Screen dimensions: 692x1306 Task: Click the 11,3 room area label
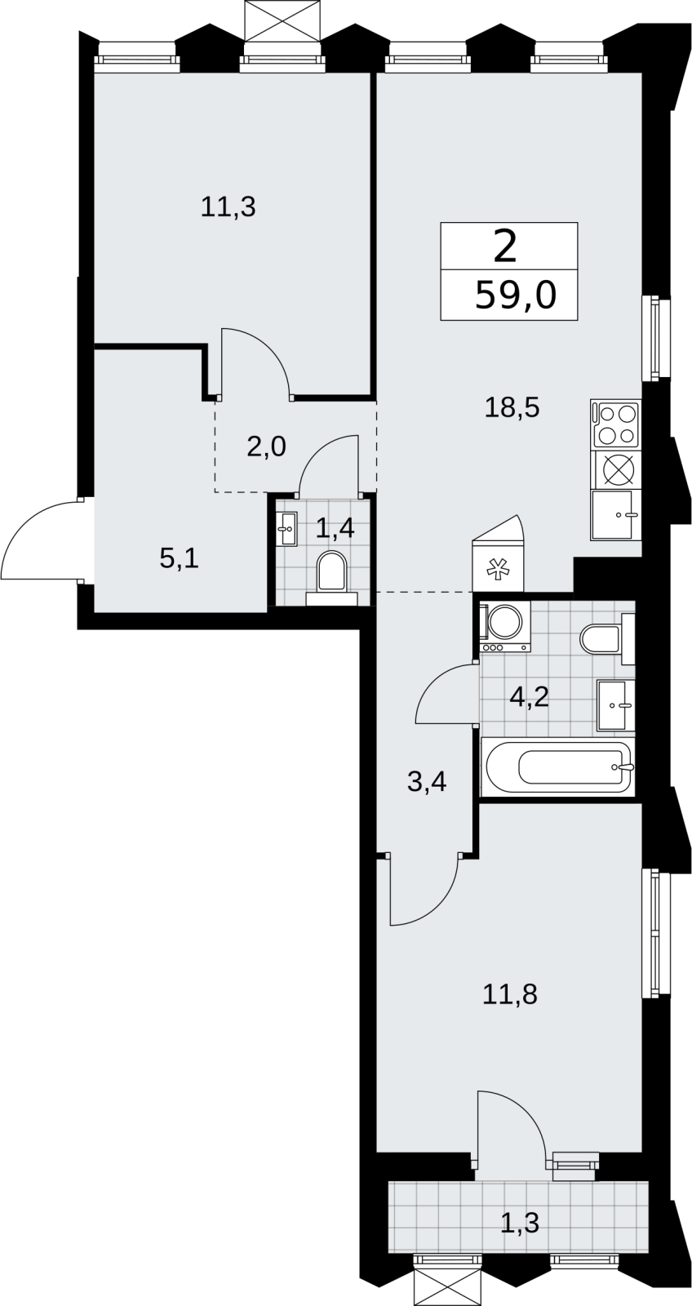pyautogui.click(x=228, y=207)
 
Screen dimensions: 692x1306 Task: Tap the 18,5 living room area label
pyautogui.click(x=512, y=407)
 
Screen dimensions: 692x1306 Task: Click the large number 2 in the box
pyautogui.click(x=505, y=247)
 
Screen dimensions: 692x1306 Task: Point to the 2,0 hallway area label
pyautogui.click(x=266, y=447)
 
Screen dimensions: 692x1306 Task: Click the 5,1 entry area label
pyautogui.click(x=179, y=559)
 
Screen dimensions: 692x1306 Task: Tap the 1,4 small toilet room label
pyautogui.click(x=335, y=529)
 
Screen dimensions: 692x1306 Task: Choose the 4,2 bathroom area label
pyautogui.click(x=529, y=696)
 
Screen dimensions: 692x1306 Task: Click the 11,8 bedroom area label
pyautogui.click(x=509, y=994)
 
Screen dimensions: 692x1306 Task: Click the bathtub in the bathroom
pyautogui.click(x=557, y=766)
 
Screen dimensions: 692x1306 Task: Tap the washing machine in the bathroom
pyautogui.click(x=505, y=627)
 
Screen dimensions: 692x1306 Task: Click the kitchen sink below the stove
pyautogui.click(x=615, y=515)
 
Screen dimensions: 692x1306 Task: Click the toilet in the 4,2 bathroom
pyautogui.click(x=607, y=639)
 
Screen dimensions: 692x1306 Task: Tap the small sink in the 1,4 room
pyautogui.click(x=286, y=529)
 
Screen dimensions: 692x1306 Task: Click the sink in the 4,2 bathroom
pyautogui.click(x=615, y=705)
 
